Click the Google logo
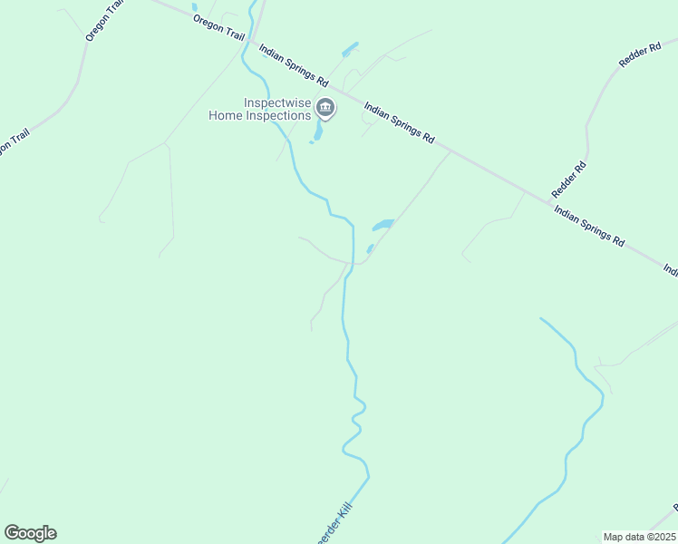tap(30, 533)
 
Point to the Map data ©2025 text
tap(640, 537)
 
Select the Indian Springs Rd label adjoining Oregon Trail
tap(293, 66)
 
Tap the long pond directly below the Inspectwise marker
tap(317, 132)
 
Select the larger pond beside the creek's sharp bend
tap(383, 224)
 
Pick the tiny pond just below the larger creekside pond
tap(370, 248)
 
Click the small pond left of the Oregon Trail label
tap(194, 7)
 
